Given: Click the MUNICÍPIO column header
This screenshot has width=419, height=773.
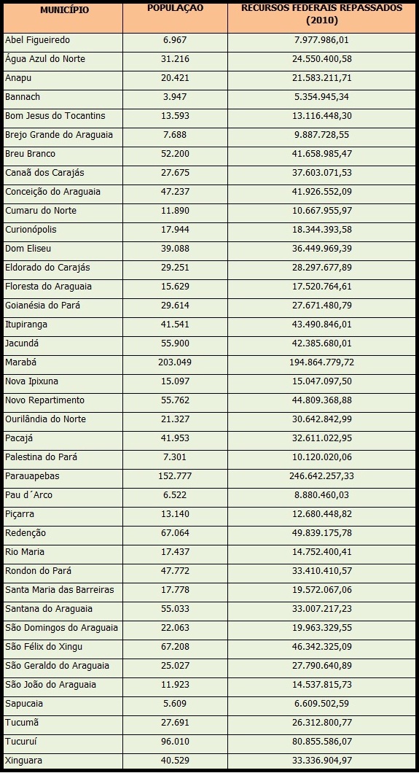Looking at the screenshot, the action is pyautogui.click(x=65, y=10).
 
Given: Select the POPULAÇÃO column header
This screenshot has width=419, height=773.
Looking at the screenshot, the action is pyautogui.click(x=175, y=8).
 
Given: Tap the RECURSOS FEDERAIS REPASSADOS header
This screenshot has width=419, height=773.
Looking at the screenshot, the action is pyautogui.click(x=321, y=15).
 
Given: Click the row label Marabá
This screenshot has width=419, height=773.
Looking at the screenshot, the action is pyautogui.click(x=21, y=362).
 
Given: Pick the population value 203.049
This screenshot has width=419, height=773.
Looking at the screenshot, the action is pyautogui.click(x=175, y=362).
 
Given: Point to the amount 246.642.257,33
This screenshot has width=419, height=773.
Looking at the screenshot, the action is pyautogui.click(x=321, y=476).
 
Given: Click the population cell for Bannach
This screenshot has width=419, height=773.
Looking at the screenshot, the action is pyautogui.click(x=175, y=96).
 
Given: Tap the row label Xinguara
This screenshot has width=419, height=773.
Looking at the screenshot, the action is pyautogui.click(x=24, y=761).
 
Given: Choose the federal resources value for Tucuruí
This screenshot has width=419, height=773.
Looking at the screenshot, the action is pyautogui.click(x=321, y=742).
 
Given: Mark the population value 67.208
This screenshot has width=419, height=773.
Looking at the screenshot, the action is pyautogui.click(x=175, y=647).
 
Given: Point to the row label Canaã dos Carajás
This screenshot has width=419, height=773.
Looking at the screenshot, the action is pyautogui.click(x=44, y=173).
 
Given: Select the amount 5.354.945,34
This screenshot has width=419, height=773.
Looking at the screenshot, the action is pyautogui.click(x=321, y=96).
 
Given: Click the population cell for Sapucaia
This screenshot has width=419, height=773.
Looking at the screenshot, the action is pyautogui.click(x=175, y=704).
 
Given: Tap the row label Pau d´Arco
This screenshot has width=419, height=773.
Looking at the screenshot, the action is pyautogui.click(x=28, y=495).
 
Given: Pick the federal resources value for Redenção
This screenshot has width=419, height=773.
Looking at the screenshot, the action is pyautogui.click(x=321, y=533).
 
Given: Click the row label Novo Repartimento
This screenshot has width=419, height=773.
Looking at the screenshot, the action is pyautogui.click(x=44, y=400).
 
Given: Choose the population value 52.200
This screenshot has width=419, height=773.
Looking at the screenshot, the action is pyautogui.click(x=175, y=154).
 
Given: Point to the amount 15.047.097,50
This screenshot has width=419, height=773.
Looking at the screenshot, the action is pyautogui.click(x=321, y=381).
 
